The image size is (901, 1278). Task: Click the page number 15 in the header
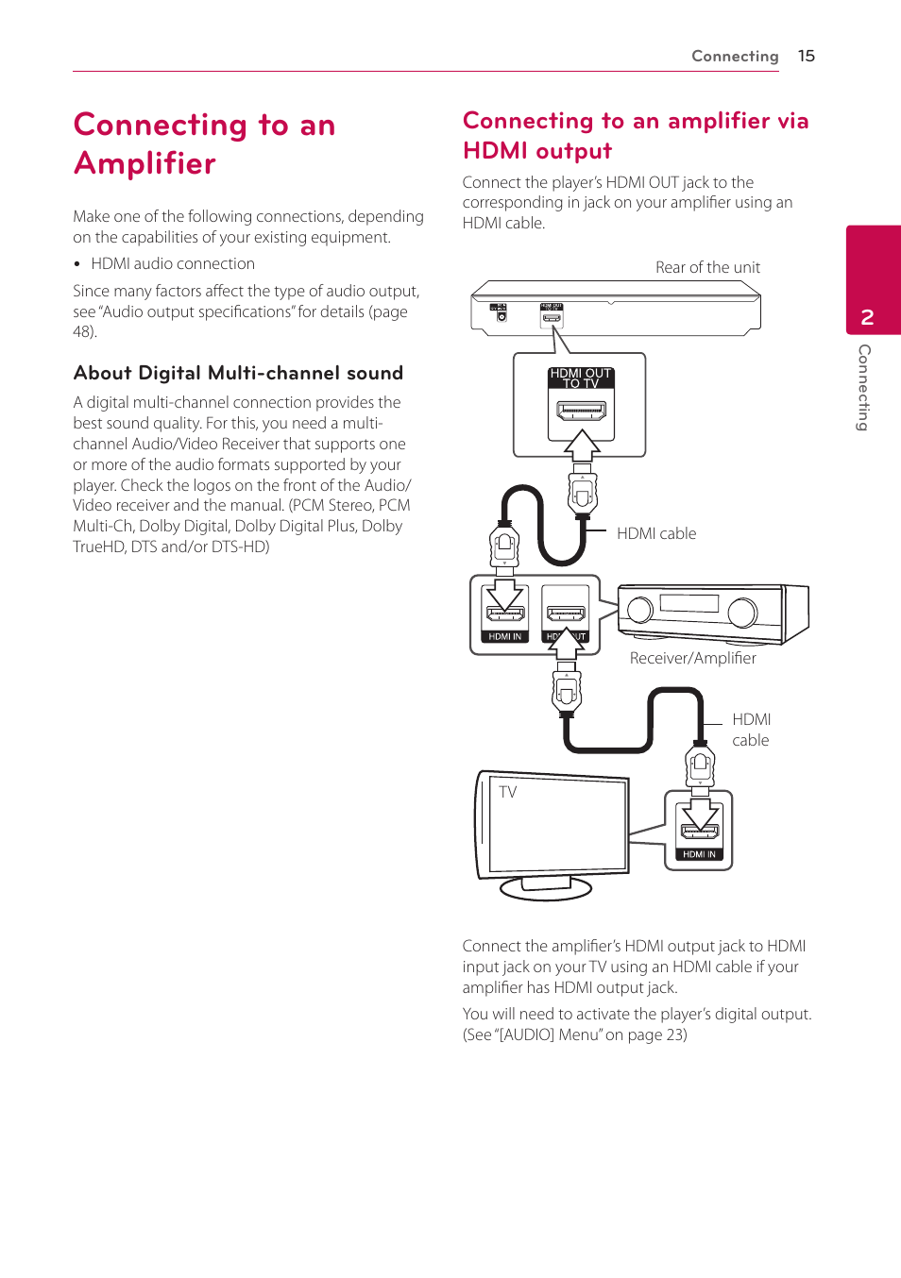pos(806,56)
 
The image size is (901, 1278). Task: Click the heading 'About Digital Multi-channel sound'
pos(238,373)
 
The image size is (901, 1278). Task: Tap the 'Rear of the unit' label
pos(707,267)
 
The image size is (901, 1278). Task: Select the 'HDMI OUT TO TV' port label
pos(581,378)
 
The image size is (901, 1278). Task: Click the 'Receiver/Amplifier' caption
pos(692,658)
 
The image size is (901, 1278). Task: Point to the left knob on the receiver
pos(640,610)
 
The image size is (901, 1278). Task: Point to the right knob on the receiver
pos(742,613)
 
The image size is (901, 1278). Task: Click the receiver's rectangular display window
pos(689,603)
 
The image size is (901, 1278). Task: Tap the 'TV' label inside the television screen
pos(508,792)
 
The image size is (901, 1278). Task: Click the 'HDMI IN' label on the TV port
pos(699,854)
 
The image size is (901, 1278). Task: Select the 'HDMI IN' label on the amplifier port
pos(504,636)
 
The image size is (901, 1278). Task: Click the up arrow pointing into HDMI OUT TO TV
pos(583,445)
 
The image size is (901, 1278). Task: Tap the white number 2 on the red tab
pos(867,317)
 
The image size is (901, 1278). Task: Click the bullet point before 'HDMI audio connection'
pos(77,264)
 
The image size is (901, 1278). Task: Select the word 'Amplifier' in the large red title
pos(144,163)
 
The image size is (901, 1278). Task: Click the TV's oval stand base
pos(546,888)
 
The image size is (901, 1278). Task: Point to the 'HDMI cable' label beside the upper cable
pos(656,533)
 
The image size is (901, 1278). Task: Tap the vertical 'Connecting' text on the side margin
pos(864,387)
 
